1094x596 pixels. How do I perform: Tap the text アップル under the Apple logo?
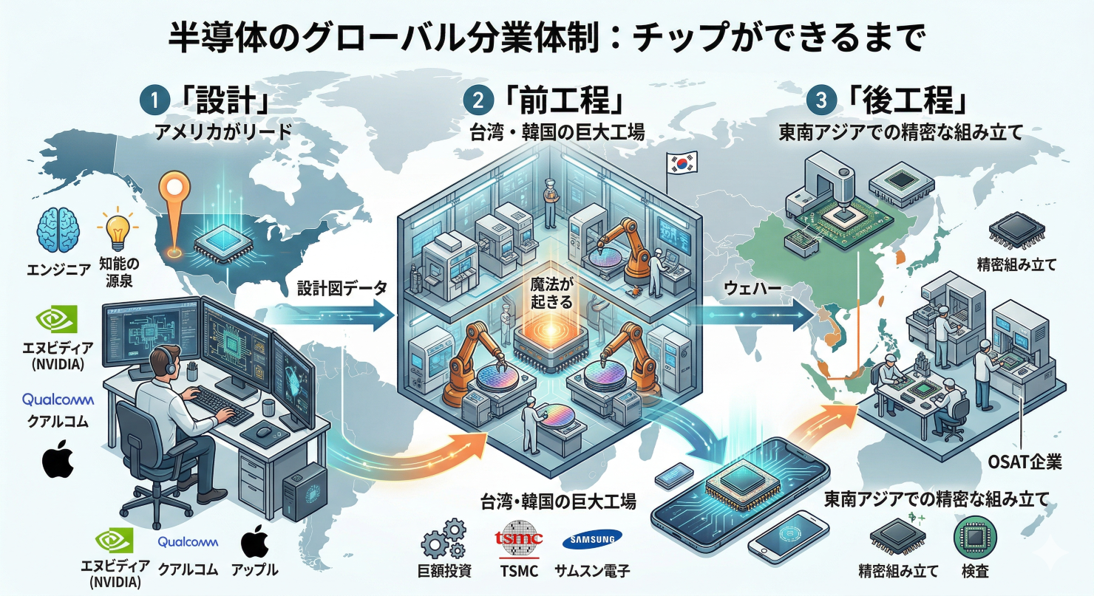point(254,570)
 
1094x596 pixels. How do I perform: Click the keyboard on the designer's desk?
point(222,403)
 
